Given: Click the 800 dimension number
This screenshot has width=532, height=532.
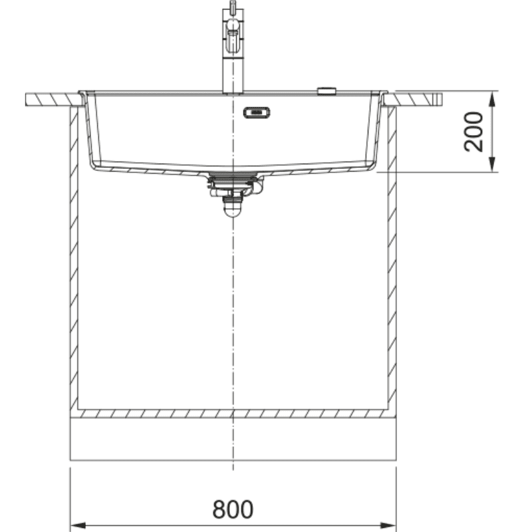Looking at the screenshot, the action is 233,509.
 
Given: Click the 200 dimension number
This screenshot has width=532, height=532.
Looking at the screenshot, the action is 473,131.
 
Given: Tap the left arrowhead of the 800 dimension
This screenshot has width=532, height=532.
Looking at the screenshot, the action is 78,525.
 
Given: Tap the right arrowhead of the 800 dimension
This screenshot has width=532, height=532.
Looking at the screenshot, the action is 388,525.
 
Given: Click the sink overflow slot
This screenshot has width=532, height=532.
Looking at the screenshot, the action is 257,112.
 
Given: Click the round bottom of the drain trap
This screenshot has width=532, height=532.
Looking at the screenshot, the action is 233,210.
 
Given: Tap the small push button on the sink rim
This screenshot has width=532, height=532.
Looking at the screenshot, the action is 327,90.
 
